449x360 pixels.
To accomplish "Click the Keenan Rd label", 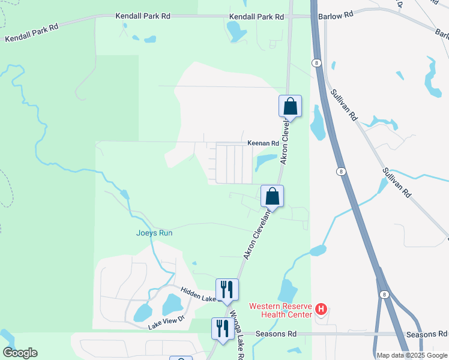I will pos(264,143).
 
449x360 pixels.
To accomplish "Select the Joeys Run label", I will pos(154,233).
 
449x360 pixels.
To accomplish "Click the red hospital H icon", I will pos(321,310).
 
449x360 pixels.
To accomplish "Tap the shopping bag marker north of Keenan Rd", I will pos(290,106).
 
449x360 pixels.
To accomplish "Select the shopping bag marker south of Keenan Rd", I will pos(272,196).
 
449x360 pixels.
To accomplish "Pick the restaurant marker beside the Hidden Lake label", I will pos(228,290).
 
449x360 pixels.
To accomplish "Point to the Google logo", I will pos(20,353).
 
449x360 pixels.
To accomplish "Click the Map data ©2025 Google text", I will pos(411,355).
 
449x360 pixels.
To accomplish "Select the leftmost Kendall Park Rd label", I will pos(32,33).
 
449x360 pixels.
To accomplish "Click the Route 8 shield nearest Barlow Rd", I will pos(316,62).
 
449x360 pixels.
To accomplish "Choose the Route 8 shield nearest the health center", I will pos(384,295).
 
